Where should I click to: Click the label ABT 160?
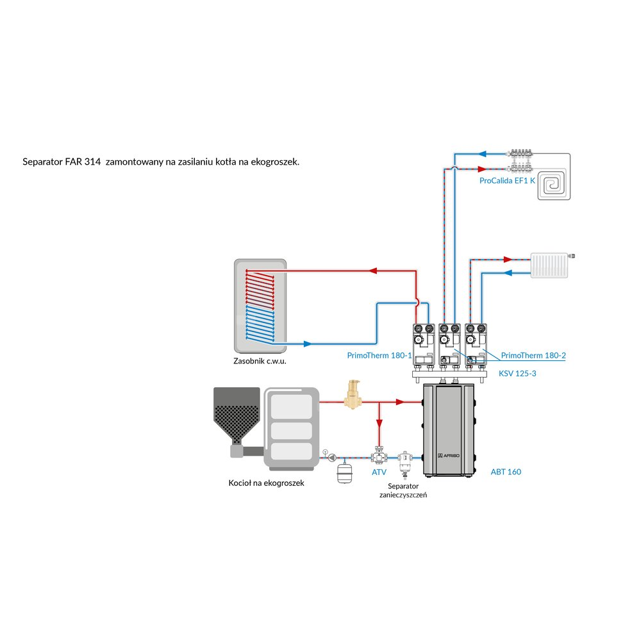click(x=506, y=472)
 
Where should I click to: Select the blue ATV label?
click(x=379, y=472)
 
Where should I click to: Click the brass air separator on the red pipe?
click(x=352, y=395)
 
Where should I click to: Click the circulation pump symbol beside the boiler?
click(x=333, y=458)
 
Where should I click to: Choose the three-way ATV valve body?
click(x=379, y=456)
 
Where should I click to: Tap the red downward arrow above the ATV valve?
click(x=379, y=424)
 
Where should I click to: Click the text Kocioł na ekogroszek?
click(x=266, y=483)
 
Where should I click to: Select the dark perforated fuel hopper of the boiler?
click(x=237, y=417)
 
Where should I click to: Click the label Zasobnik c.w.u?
click(x=260, y=361)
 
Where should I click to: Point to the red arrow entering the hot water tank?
click(x=374, y=271)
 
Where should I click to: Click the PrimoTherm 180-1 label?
click(x=379, y=354)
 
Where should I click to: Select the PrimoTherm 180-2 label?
click(x=533, y=354)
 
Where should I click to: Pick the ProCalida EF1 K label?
click(x=507, y=181)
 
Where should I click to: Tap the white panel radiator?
click(x=549, y=265)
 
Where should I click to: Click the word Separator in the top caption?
click(x=42, y=162)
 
